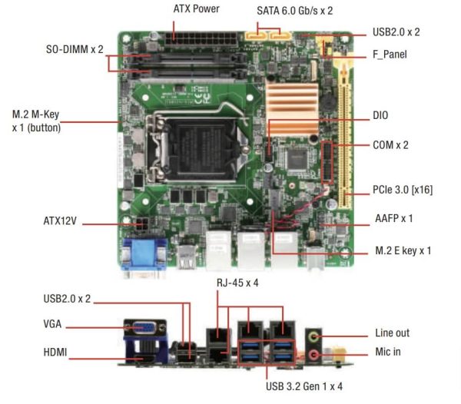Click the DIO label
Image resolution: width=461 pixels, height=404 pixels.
(380, 116)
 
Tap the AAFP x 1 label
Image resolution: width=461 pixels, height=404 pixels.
(393, 218)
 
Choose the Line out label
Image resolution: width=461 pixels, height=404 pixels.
(392, 333)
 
